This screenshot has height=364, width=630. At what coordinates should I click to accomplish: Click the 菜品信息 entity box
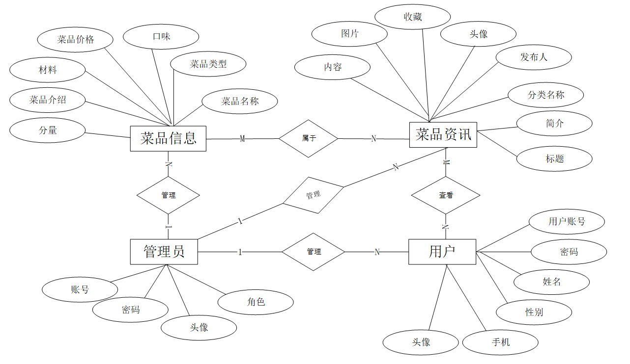[x=168, y=138]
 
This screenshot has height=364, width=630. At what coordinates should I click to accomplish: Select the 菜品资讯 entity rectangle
[x=443, y=134]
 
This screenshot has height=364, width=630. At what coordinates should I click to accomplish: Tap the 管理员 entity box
[x=164, y=252]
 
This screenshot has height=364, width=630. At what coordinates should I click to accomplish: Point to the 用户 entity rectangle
[x=442, y=252]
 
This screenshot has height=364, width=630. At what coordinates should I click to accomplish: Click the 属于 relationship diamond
[x=309, y=138]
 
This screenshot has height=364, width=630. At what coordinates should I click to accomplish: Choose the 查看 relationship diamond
[x=446, y=195]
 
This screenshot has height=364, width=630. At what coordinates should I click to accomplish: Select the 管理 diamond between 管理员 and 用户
[x=314, y=252]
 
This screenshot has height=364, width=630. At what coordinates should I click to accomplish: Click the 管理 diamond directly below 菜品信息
[x=168, y=195]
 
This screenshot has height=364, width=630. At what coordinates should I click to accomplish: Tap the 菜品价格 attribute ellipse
[x=76, y=40]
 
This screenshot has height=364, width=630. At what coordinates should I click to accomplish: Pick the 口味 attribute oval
[x=161, y=37]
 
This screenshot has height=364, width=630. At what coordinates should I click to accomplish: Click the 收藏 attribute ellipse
[x=413, y=17]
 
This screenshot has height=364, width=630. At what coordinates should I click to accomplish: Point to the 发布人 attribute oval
[x=534, y=57]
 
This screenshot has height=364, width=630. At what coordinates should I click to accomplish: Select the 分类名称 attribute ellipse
[x=546, y=95]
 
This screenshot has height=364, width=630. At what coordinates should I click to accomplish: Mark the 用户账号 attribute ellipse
[x=567, y=221]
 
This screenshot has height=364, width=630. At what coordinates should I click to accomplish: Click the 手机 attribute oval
[x=500, y=342]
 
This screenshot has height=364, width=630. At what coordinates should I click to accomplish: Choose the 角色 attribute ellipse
[x=256, y=302]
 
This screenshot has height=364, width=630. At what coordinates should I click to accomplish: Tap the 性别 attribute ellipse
[x=534, y=312]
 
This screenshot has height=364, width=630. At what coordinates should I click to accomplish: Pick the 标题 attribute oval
[x=554, y=158]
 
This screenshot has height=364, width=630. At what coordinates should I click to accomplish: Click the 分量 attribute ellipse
[x=48, y=130]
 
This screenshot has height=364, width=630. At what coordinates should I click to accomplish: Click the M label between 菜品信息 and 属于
[x=242, y=139]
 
